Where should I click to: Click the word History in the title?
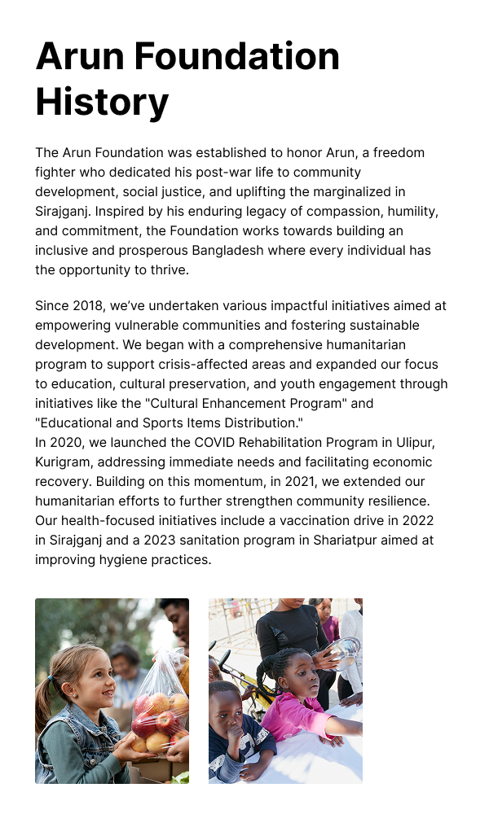point(102,103)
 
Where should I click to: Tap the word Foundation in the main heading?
point(236,56)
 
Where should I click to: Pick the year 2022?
point(416,520)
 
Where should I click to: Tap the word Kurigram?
point(64,462)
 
